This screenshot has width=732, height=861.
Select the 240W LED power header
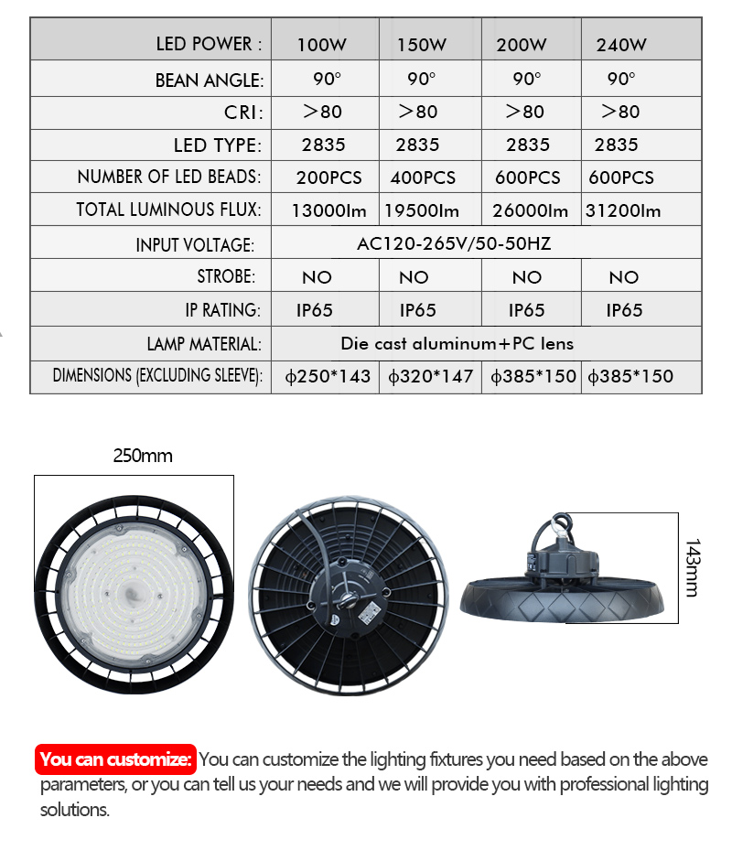click(x=621, y=44)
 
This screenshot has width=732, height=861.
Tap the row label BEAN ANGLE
click(x=209, y=81)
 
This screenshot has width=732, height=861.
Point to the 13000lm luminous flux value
click(x=328, y=211)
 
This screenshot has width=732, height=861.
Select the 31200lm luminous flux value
click(x=623, y=211)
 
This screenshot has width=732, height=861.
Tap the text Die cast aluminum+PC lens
click(x=457, y=344)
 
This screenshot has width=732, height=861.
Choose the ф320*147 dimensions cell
click(x=429, y=376)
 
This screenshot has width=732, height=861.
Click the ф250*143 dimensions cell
click(x=328, y=376)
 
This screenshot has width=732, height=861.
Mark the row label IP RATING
click(x=223, y=310)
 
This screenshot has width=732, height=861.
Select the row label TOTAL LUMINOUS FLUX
click(x=169, y=210)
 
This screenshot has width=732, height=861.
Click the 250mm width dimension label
click(x=143, y=456)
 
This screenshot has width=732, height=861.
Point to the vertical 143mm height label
click(x=692, y=567)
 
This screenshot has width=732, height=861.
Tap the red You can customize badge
click(x=117, y=759)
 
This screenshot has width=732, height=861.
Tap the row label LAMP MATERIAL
click(x=204, y=344)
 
